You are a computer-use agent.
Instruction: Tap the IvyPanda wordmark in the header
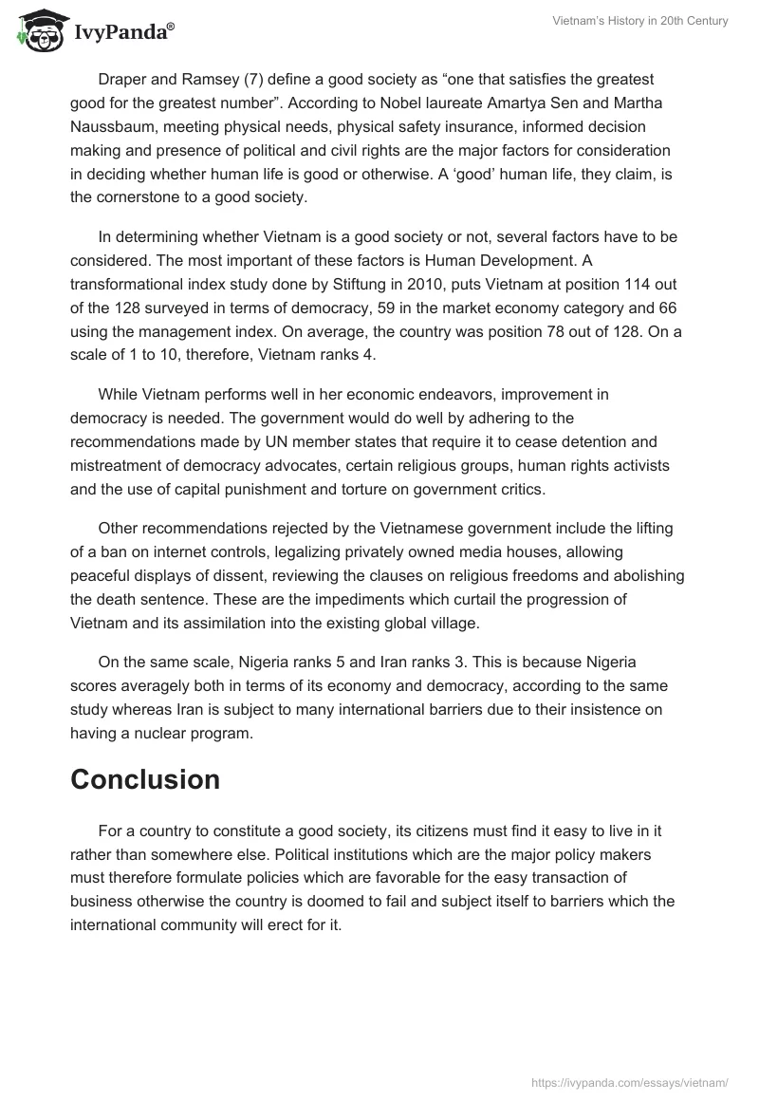pyautogui.click(x=123, y=31)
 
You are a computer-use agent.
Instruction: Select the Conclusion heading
pyautogui.click(x=145, y=779)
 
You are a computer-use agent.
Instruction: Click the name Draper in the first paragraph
pyautogui.click(x=121, y=80)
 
